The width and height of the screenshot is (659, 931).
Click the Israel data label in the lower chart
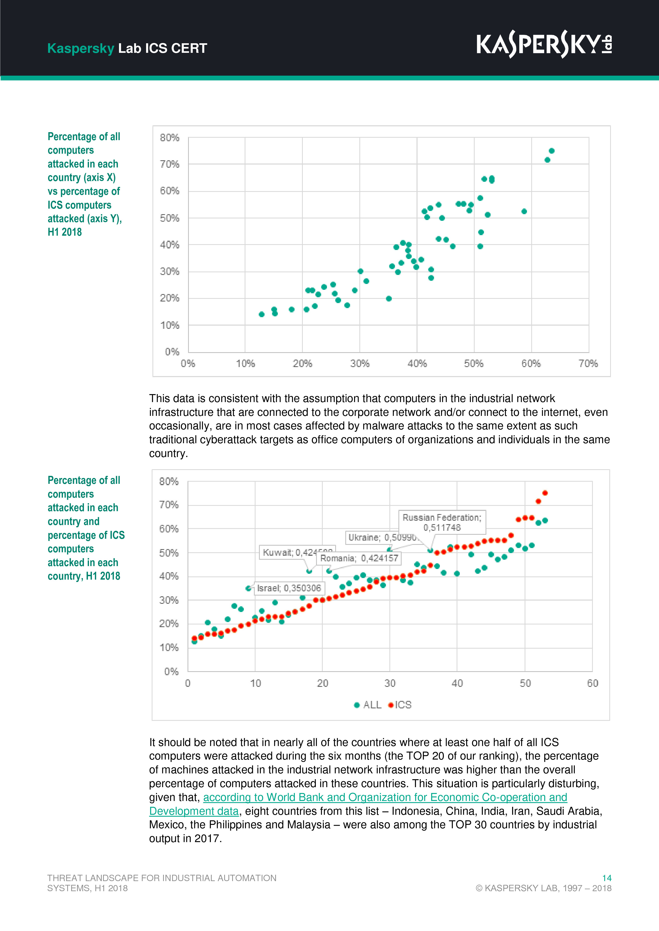(x=288, y=588)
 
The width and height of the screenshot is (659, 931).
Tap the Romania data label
(x=359, y=558)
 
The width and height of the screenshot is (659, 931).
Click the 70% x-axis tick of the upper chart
(x=588, y=364)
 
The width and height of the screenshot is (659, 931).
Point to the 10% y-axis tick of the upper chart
(x=170, y=325)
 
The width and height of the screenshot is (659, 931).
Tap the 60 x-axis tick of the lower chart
(x=592, y=683)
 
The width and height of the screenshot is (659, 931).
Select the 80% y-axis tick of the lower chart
(x=169, y=481)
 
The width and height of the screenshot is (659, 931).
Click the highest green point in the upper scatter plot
(x=551, y=151)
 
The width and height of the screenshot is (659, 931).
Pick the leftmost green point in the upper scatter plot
(x=262, y=314)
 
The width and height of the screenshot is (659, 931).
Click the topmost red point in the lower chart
(x=545, y=493)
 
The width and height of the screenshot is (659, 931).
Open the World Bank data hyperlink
(x=385, y=797)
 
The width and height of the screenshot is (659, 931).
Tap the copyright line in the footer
(x=543, y=888)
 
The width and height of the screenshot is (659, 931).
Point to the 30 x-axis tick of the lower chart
(x=390, y=683)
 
